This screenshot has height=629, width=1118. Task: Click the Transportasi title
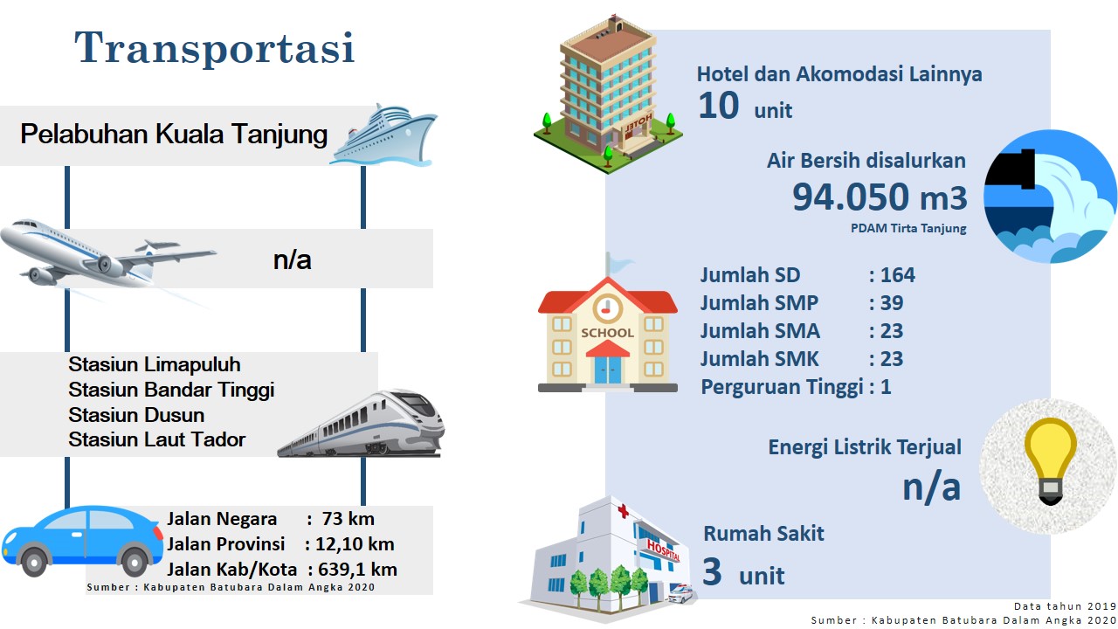tap(215, 48)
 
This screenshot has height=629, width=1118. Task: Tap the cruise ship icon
tap(383, 135)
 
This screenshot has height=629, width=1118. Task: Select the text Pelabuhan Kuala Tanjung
tap(174, 135)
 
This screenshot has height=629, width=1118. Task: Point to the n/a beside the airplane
tap(292, 260)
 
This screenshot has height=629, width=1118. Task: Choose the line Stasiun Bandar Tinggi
tap(171, 390)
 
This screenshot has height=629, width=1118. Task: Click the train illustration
tap(361, 424)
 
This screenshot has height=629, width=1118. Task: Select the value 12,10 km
tap(355, 544)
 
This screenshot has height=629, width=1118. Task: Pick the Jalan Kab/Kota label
tap(232, 570)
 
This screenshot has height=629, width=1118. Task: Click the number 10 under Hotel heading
tap(718, 106)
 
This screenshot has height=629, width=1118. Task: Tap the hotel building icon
tap(609, 95)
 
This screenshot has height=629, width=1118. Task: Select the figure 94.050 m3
tap(880, 197)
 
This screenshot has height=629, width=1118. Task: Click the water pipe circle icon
tap(1050, 197)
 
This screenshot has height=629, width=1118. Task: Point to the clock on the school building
tap(607, 308)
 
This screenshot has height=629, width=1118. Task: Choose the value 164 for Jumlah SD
tap(897, 275)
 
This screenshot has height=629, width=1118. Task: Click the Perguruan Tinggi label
tap(782, 387)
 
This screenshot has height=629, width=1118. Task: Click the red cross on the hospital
tap(623, 510)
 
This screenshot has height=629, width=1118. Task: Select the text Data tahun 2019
tap(1065, 606)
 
